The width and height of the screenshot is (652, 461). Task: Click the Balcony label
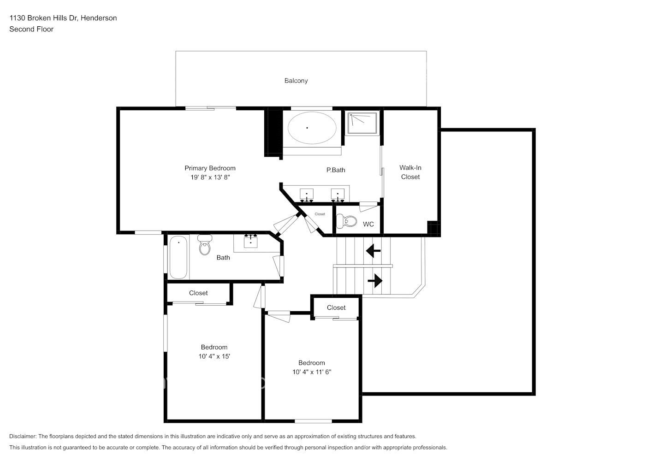pyautogui.click(x=296, y=81)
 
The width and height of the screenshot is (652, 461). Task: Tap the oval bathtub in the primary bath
pyautogui.click(x=312, y=128)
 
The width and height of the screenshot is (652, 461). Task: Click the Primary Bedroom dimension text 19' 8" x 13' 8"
pyautogui.click(x=210, y=177)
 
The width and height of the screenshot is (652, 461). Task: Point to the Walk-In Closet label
pyautogui.click(x=410, y=172)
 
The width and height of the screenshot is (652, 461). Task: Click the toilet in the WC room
pyautogui.click(x=347, y=222)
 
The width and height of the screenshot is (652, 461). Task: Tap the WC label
pyautogui.click(x=368, y=225)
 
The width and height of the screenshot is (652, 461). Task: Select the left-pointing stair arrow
pyautogui.click(x=373, y=251)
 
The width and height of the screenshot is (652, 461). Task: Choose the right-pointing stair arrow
pyautogui.click(x=375, y=280)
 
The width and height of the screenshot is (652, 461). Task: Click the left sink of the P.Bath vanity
pyautogui.click(x=307, y=194)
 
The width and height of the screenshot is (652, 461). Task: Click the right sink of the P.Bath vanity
pyautogui.click(x=338, y=194)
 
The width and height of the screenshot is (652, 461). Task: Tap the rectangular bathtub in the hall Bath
pyautogui.click(x=178, y=257)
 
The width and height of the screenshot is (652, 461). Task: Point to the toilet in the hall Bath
pyautogui.click(x=205, y=245)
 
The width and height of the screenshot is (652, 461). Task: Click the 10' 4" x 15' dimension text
pyautogui.click(x=214, y=356)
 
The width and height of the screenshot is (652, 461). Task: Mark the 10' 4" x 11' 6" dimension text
pyautogui.click(x=312, y=372)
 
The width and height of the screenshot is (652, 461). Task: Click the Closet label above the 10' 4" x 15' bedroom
pyautogui.click(x=198, y=293)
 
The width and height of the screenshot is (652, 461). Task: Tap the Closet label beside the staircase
pyautogui.click(x=336, y=308)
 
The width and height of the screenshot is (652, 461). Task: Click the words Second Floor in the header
pyautogui.click(x=31, y=29)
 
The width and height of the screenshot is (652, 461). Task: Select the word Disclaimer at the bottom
pyautogui.click(x=23, y=436)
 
